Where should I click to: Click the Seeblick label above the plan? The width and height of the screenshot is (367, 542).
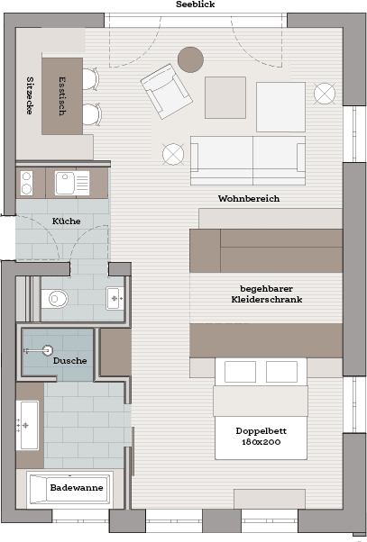coord(196,5)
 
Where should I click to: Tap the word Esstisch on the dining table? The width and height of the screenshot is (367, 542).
coord(62,95)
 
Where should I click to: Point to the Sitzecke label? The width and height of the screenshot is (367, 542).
coord(30,95)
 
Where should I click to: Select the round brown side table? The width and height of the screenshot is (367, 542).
coord(190,59)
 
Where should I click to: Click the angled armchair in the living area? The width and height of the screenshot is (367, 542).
coord(167,91)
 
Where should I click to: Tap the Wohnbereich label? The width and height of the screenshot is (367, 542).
coord(249,198)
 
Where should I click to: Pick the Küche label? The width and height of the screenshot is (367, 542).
coord(66,221)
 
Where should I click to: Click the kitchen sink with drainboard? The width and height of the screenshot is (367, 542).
coord(72,183)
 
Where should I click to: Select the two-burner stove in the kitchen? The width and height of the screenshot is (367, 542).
coord(27,183)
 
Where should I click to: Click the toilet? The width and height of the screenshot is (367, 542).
coord(55,299)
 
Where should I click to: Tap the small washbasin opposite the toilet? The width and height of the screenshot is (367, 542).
coord(115,298)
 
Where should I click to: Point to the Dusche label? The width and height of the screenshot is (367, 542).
coord(69,360)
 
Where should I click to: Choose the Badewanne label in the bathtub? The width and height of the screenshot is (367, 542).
coord(77,487)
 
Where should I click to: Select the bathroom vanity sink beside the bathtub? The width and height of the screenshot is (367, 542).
coord(27,426)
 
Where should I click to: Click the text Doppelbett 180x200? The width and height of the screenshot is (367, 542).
coord(261,437)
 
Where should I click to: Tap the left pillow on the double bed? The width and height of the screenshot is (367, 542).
coord(240,372)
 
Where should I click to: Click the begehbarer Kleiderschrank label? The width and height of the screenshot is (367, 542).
coord(267,294)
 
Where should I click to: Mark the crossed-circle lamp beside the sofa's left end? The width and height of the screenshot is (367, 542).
coord(173,154)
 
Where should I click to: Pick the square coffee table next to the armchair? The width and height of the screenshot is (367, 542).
coord(225,98)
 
